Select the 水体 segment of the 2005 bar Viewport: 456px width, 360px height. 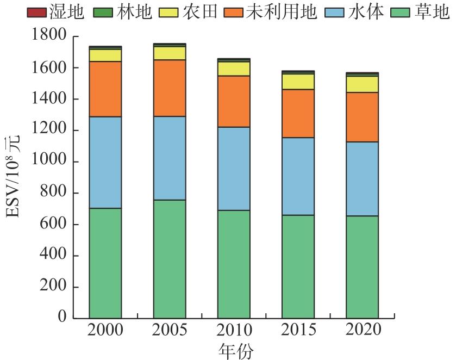pyautogui.click(x=170, y=158)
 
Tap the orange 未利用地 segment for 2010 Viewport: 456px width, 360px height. pyautogui.click(x=234, y=101)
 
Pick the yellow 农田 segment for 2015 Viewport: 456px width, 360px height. pyautogui.click(x=298, y=82)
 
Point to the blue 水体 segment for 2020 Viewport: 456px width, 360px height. pyautogui.click(x=362, y=179)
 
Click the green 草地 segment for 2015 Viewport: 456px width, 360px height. pyautogui.click(x=298, y=266)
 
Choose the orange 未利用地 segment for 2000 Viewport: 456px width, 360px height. pyautogui.click(x=105, y=89)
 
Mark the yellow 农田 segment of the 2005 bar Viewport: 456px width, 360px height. pyautogui.click(x=170, y=53)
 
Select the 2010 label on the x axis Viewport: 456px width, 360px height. pyautogui.click(x=234, y=330)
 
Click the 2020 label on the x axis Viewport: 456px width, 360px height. pyautogui.click(x=362, y=330)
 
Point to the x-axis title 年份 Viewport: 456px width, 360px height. pyautogui.click(x=234, y=350)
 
